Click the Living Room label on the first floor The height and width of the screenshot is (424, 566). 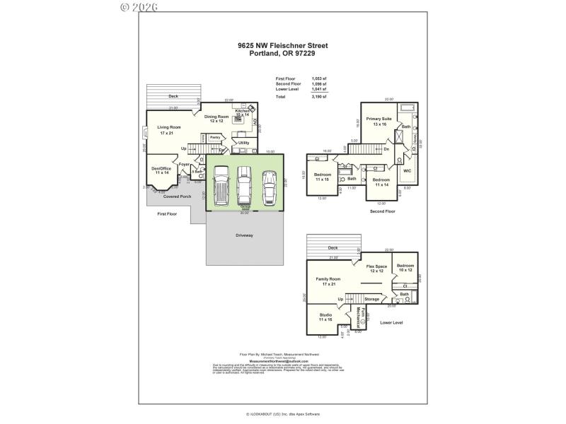click(x=169, y=129)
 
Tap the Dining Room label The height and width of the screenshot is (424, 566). click(x=216, y=119)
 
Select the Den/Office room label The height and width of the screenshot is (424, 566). click(x=161, y=170)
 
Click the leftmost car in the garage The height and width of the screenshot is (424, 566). click(x=221, y=185)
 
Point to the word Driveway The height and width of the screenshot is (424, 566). click(x=244, y=235)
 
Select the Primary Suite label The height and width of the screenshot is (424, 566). click(x=380, y=121)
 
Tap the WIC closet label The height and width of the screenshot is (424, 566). click(x=407, y=170)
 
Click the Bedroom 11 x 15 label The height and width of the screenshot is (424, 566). click(x=322, y=177)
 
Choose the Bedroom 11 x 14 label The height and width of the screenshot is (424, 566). click(x=381, y=182)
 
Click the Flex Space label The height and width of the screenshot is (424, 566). click(x=376, y=269)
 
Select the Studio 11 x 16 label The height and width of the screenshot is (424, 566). click(x=325, y=317)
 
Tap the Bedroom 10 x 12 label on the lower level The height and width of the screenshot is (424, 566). click(x=405, y=268)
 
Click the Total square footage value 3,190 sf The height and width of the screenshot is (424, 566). click(x=319, y=96)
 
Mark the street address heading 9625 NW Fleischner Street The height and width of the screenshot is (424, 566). click(x=282, y=45)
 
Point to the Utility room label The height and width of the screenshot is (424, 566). click(x=243, y=143)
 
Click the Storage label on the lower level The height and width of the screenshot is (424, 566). click(x=372, y=299)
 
